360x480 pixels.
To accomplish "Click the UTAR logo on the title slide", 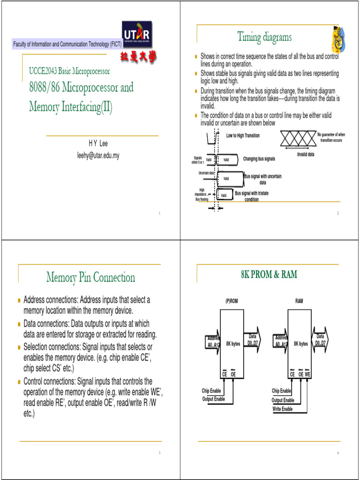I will click(137, 35).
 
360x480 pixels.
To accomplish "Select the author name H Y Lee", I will click(98, 144).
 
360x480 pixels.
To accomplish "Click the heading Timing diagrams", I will click(264, 37).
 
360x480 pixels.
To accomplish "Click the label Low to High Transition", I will click(243, 135).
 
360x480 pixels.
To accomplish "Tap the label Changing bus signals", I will click(259, 159).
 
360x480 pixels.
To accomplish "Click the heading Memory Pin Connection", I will click(90, 277).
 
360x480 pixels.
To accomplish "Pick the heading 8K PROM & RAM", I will click(269, 275).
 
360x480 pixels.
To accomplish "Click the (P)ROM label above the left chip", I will click(232, 301).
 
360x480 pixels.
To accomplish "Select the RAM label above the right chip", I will click(299, 301).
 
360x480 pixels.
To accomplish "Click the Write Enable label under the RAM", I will click(283, 409).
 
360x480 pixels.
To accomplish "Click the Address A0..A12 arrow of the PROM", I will click(213, 342).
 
